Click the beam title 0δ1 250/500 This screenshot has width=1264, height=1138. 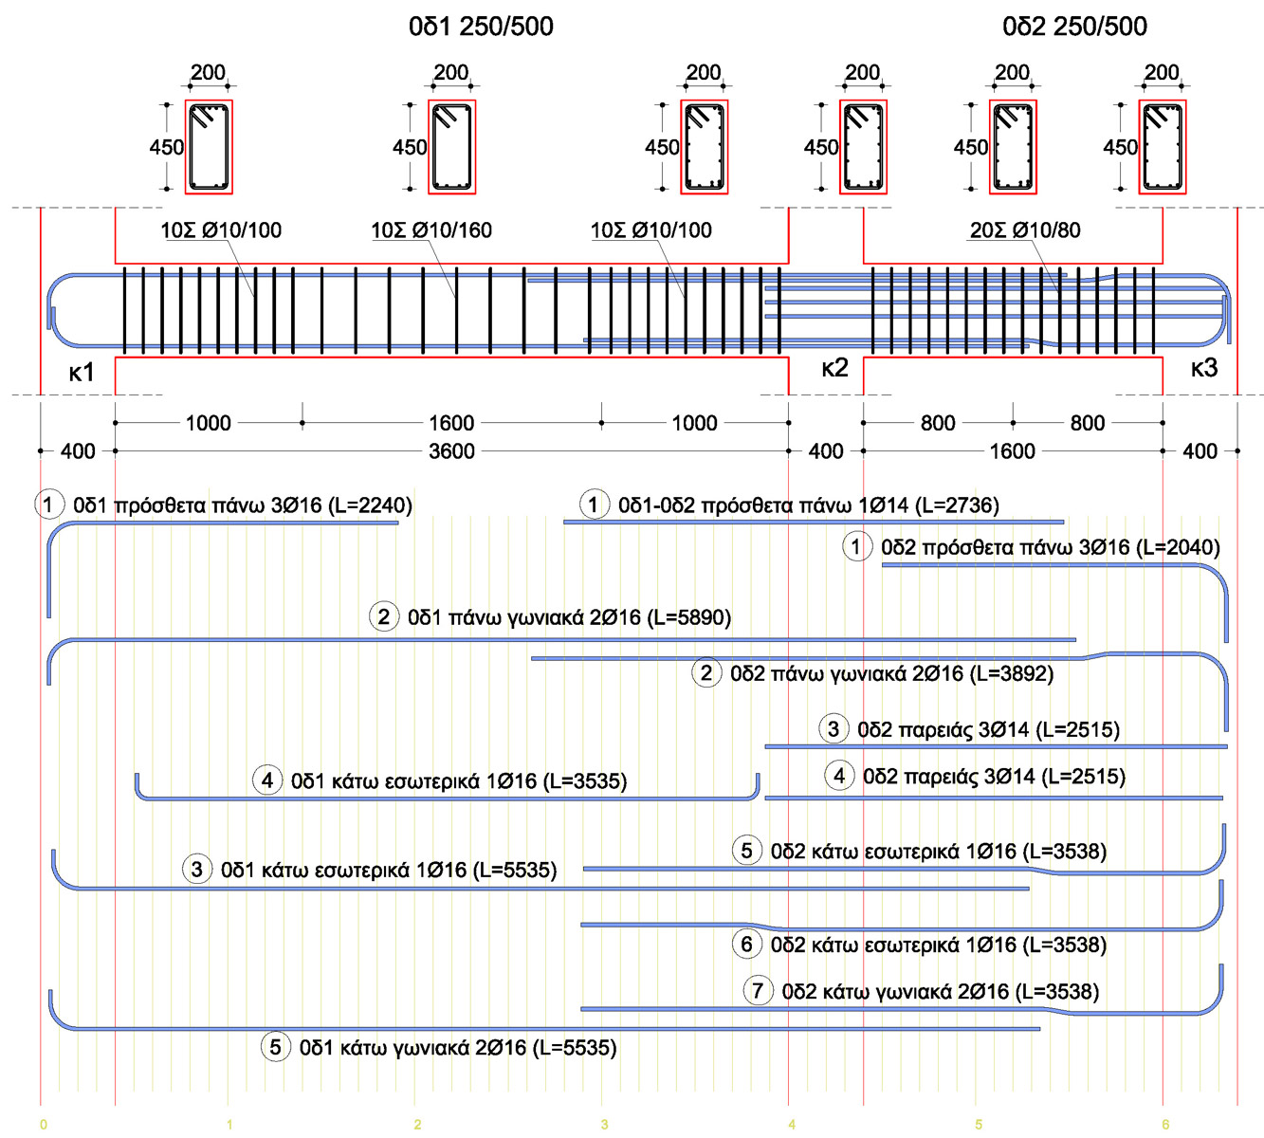pos(481,27)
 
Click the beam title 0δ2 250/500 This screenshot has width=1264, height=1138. pos(1074,27)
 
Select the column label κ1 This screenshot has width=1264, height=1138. pos(82,373)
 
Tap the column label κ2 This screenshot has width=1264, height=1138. pos(834,368)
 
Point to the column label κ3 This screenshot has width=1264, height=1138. pos(1203,368)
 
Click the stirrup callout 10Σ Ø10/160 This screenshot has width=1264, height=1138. pos(431,230)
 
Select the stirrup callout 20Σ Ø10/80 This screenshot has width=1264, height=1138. pos(1025,230)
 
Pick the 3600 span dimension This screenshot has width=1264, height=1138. pos(451,451)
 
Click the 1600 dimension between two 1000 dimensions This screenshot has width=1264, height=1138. pos(451,423)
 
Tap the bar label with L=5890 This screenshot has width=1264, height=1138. pos(569,617)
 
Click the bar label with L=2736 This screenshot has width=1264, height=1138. pos(808,505)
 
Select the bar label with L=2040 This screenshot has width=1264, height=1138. pos(1050,547)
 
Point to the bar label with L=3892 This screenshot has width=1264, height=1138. pos(891,674)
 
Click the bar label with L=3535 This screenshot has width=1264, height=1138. pos(459,781)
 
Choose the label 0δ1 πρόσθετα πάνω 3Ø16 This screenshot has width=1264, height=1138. pos(243,505)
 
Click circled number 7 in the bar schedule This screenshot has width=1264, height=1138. pos(757,991)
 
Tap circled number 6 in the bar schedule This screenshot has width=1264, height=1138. pos(746,945)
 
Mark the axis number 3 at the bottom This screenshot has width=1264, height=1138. pos(604,1125)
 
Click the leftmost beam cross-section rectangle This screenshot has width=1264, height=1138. pos(209,147)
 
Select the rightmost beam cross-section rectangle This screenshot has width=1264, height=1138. pos(1162,147)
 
